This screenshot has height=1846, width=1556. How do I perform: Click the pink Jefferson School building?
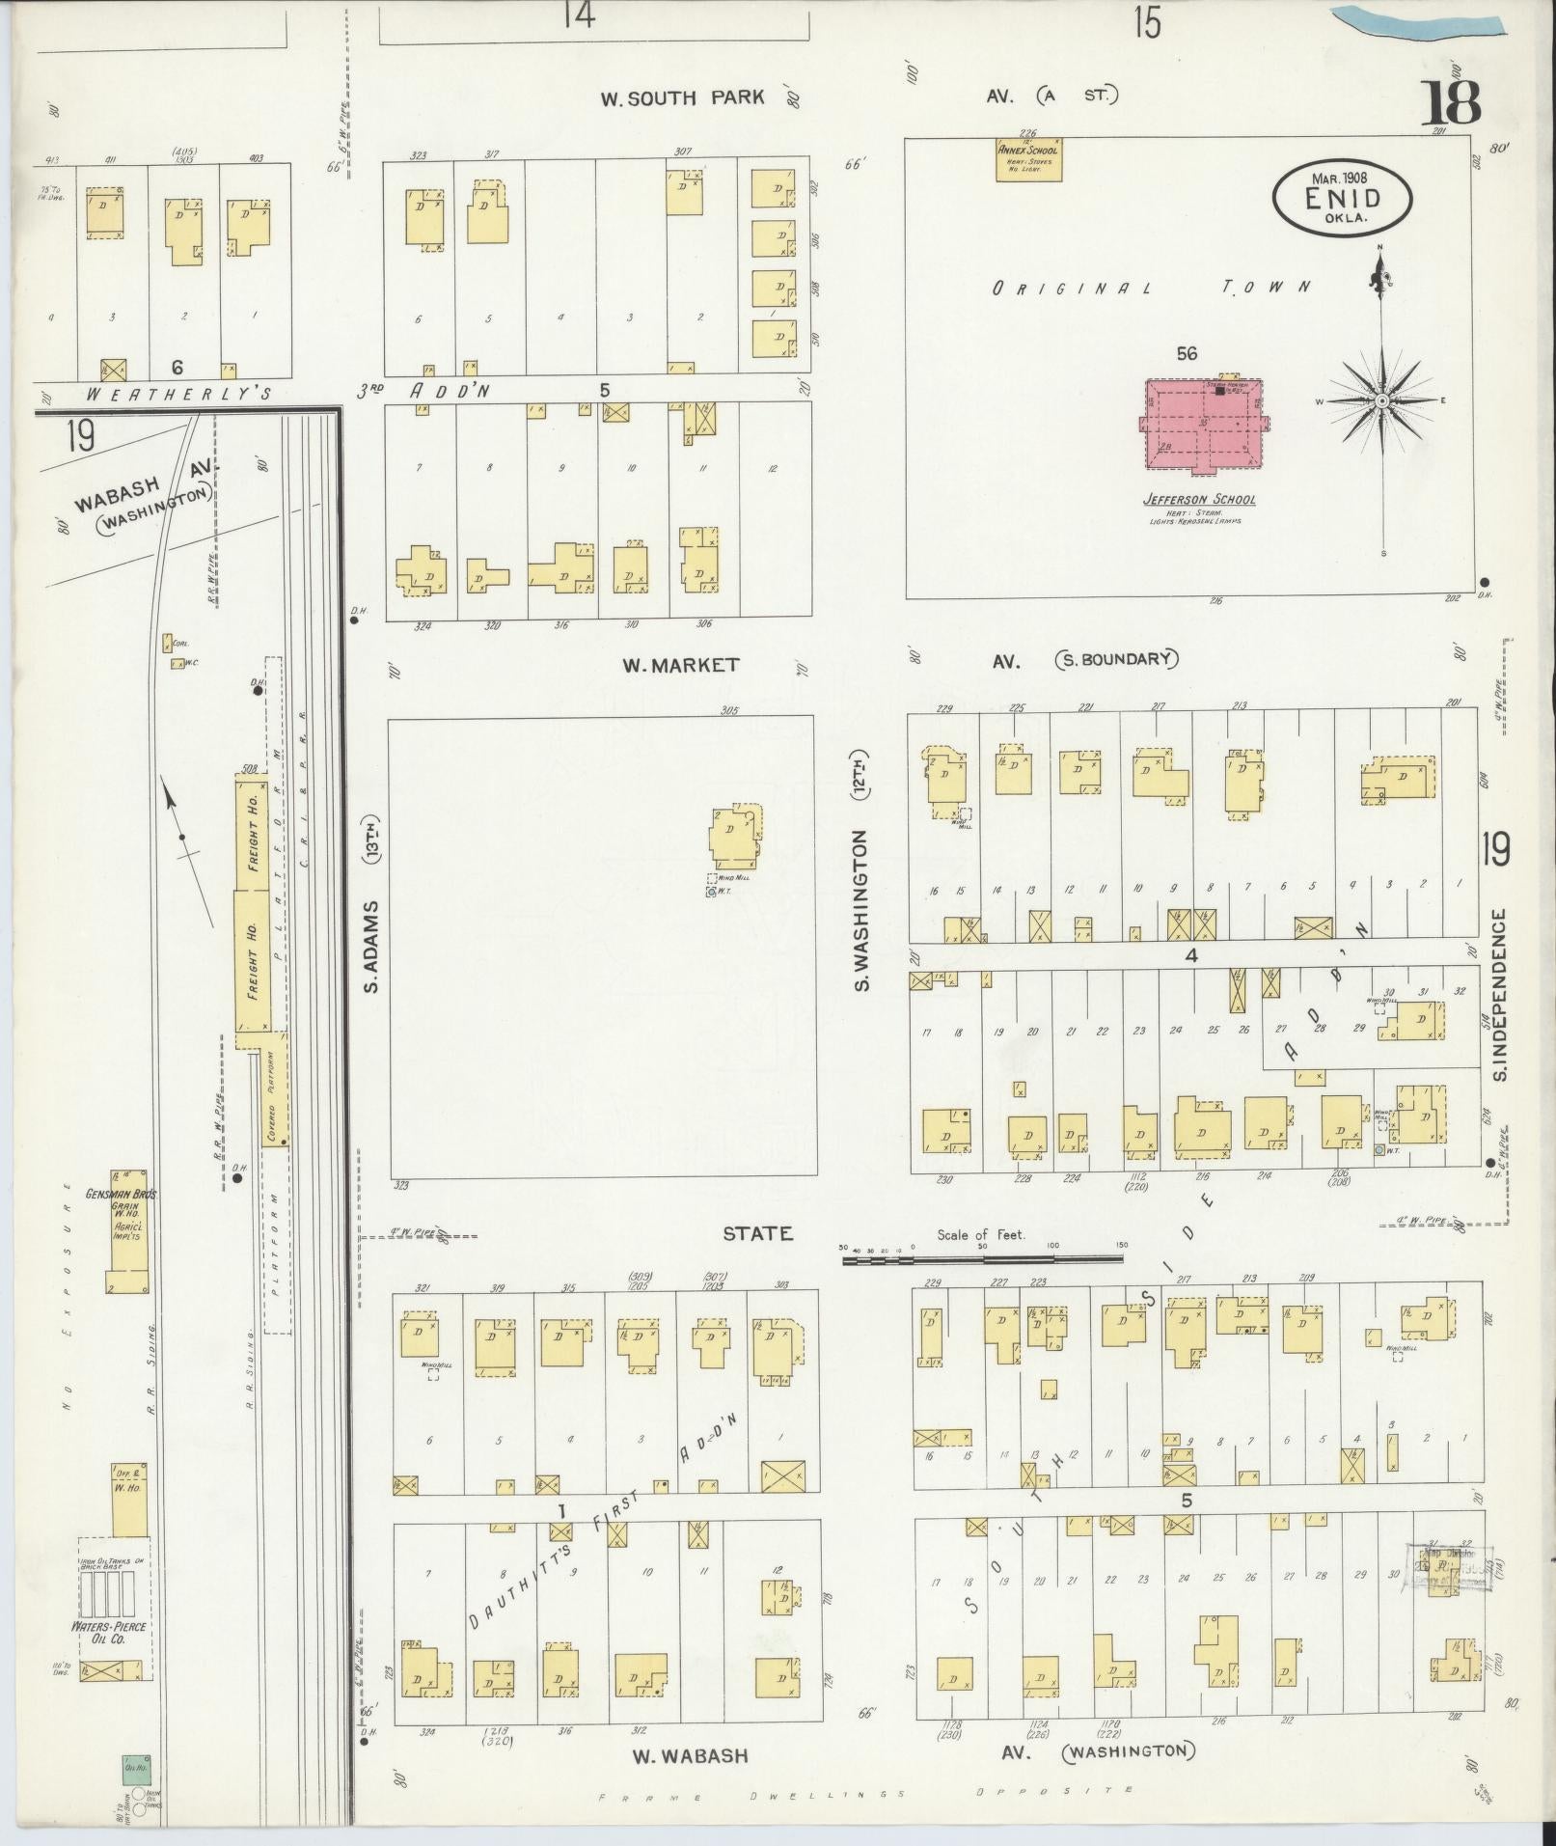point(1206,426)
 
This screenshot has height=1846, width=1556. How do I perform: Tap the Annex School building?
point(1028,160)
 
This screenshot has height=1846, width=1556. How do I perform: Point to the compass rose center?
point(1381,400)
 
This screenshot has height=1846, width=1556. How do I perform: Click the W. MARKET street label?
point(681,665)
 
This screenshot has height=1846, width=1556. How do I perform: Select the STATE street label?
point(759,1233)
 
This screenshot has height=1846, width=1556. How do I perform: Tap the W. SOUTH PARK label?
point(682,97)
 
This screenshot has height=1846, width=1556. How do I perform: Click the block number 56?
point(1187,354)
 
